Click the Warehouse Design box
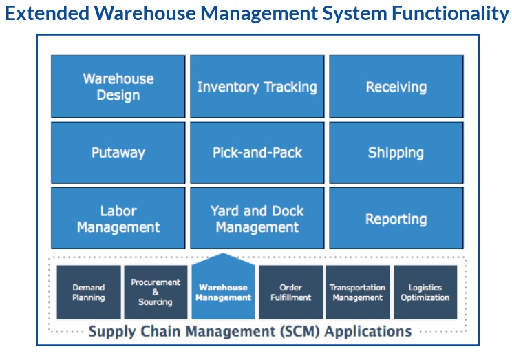[x=118, y=87]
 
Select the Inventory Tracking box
[x=257, y=87]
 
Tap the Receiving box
[x=396, y=87]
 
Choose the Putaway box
[x=118, y=153]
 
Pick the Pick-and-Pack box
[x=257, y=153]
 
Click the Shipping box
[x=396, y=153]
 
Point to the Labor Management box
[x=118, y=218]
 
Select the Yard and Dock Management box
[x=257, y=218]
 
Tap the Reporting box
[x=396, y=219]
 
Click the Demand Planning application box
[x=89, y=293]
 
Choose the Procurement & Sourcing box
[x=156, y=293]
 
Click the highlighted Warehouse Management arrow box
[x=223, y=291]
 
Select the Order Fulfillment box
[x=290, y=293]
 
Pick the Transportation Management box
[x=357, y=293]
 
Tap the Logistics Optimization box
[x=425, y=293]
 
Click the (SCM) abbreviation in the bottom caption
[x=299, y=331]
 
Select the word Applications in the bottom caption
[x=368, y=331]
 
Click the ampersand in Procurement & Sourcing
[x=156, y=292]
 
